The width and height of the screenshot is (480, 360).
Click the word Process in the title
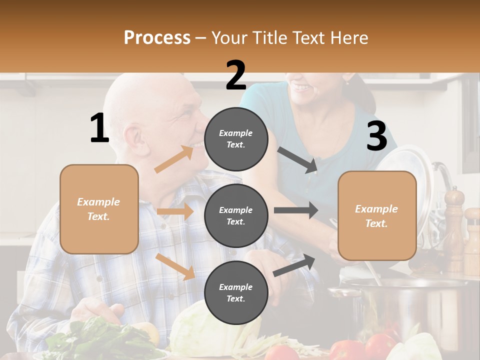157,37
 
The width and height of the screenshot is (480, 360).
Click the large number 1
99,128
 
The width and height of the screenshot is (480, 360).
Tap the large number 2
236,75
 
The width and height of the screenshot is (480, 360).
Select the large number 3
376,136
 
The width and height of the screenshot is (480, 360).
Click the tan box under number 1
99,209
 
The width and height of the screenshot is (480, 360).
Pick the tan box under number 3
377,216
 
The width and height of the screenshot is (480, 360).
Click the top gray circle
236,138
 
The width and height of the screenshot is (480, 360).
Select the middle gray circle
236,215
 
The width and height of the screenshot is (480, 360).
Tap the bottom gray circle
236,292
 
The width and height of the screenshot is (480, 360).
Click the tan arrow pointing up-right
174,159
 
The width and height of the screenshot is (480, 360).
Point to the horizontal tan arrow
175,211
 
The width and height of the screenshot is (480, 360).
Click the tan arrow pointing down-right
175,266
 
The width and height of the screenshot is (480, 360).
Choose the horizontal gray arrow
295,210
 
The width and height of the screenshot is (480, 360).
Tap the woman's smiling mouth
301,88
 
